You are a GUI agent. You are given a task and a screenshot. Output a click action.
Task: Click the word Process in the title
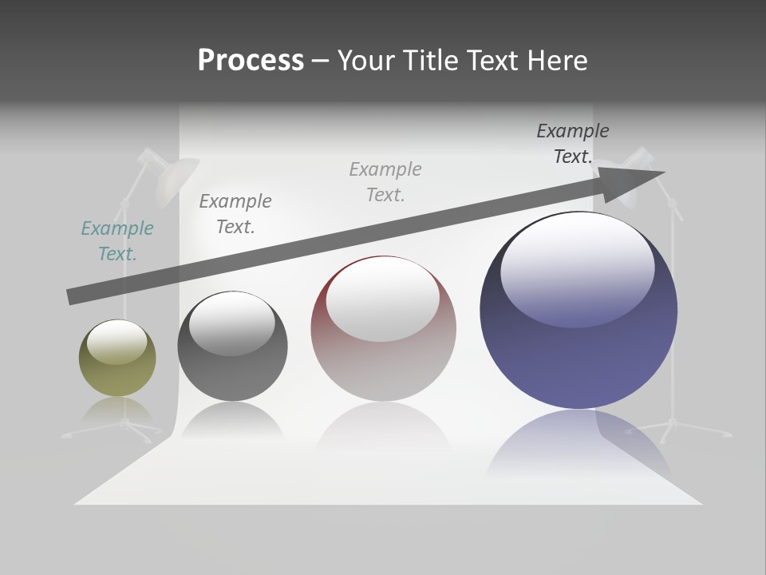pos(251,61)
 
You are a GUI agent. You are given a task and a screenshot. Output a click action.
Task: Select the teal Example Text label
pos(117,241)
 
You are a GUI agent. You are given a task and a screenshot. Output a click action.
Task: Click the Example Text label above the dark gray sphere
pos(235,214)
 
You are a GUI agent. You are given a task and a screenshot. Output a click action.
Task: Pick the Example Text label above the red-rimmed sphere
pos(385,182)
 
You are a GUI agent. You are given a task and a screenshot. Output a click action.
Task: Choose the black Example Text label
pos(573,144)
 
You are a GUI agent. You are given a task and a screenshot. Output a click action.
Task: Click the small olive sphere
pos(117,369)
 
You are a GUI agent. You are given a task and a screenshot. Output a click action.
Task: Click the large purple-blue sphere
pos(578,351)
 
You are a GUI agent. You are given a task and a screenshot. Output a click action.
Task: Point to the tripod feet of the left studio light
pos(120,431)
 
